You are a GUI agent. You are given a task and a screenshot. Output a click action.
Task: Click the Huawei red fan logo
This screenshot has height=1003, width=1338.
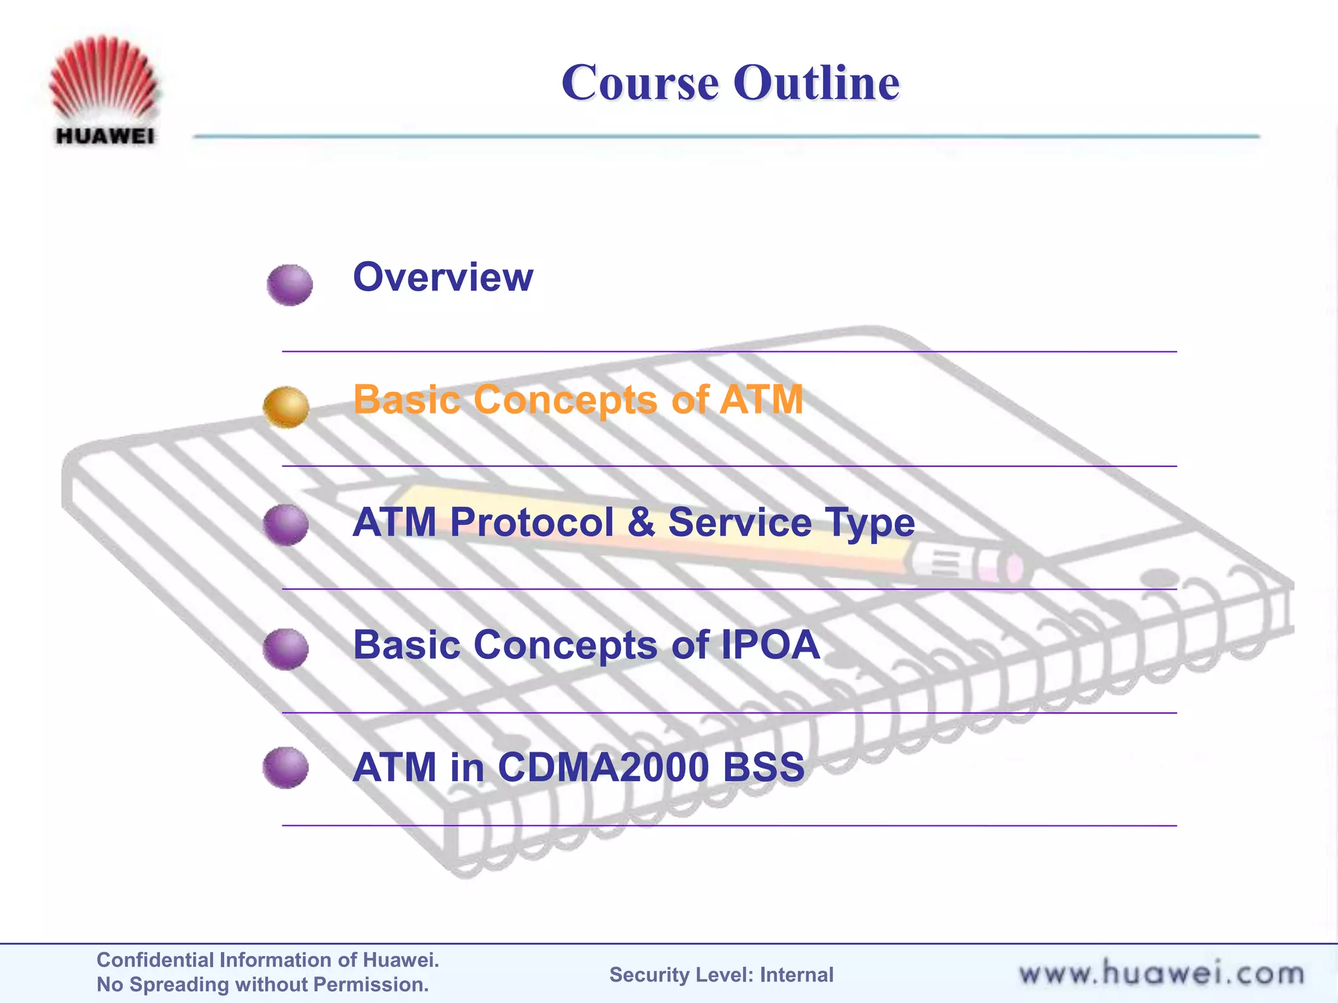103,78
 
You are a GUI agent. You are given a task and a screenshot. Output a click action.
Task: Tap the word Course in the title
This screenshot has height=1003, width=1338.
640,83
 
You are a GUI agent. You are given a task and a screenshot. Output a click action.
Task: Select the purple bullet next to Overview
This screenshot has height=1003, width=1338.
289,285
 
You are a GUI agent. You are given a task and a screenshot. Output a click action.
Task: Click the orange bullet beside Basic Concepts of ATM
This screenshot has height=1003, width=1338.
286,406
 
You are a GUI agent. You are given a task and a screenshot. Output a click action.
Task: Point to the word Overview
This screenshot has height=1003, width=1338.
443,277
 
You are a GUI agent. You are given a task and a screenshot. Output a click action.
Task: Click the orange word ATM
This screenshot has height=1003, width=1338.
760,399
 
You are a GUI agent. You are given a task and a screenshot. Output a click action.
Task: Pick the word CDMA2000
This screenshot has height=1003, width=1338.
603,767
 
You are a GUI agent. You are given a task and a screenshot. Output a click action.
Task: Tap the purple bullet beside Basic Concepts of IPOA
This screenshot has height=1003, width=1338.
286,648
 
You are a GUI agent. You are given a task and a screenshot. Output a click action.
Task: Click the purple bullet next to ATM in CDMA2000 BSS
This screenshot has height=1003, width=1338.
286,767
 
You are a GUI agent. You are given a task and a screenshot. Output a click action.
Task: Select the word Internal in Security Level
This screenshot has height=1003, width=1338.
796,975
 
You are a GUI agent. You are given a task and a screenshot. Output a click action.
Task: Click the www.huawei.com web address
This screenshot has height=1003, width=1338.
1161,974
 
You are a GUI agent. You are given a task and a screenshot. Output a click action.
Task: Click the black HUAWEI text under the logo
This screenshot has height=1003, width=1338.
105,136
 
